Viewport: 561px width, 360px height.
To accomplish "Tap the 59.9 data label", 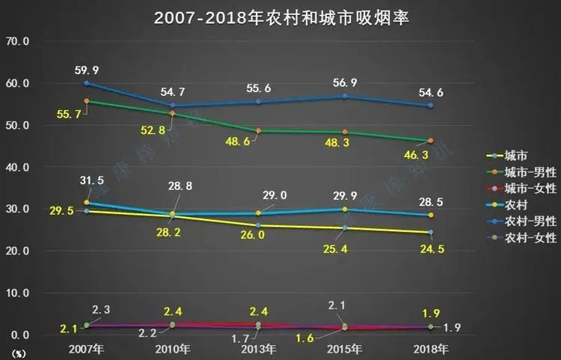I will (x=87, y=70).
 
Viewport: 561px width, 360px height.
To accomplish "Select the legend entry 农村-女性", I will (x=530, y=237).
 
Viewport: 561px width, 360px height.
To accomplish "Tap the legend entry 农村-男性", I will (x=530, y=221).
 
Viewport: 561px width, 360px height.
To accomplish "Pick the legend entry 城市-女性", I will (x=530, y=189).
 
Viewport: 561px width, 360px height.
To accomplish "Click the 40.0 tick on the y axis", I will (x=17, y=167).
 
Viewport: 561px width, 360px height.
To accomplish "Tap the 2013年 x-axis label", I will (x=258, y=349).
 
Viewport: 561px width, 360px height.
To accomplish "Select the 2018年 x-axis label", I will (x=430, y=349).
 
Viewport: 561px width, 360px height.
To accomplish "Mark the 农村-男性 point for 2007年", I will (x=87, y=83).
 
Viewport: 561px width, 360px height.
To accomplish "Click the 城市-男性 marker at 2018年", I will (x=430, y=141).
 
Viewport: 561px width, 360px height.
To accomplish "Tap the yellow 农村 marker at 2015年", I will (x=345, y=210).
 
